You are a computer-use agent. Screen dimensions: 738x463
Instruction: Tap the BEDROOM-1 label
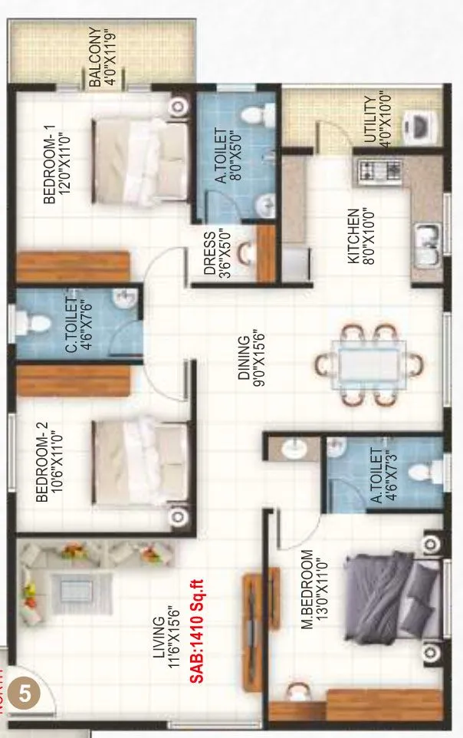pyautogui.click(x=57, y=168)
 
